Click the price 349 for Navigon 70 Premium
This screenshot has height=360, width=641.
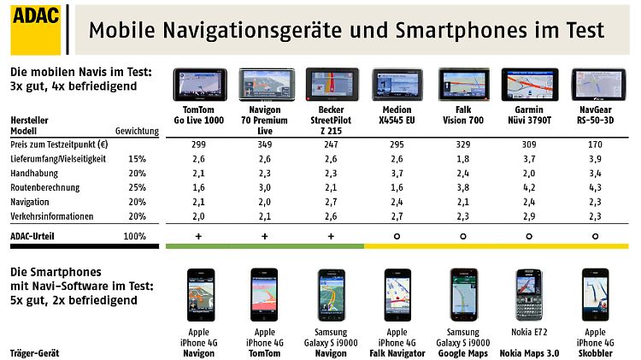(263, 145)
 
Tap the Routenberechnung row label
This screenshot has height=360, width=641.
(44, 188)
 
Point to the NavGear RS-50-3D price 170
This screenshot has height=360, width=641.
(595, 145)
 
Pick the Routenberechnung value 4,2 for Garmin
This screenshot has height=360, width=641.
(529, 188)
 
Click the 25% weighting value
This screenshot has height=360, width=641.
(136, 188)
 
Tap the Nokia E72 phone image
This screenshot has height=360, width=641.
(528, 296)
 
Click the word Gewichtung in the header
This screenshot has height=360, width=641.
(137, 131)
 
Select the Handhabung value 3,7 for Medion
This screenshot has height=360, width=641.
(397, 174)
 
